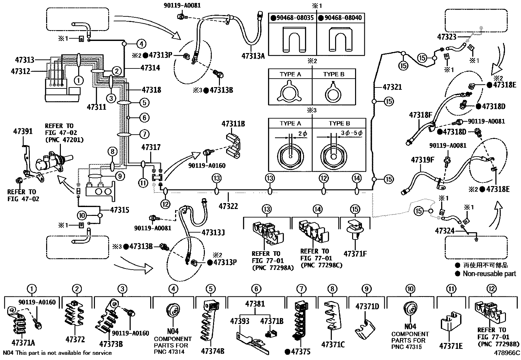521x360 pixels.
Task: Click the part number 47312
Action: [x=20, y=71]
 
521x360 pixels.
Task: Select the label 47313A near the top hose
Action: [x=253, y=56]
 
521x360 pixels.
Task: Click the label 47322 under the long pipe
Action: [x=228, y=206]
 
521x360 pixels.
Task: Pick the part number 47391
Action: [x=23, y=131]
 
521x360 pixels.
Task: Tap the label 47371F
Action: [x=355, y=254]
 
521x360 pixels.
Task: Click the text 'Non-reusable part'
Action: [x=489, y=274]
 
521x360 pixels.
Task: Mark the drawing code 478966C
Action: [x=507, y=353]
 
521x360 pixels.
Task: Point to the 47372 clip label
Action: [x=75, y=340]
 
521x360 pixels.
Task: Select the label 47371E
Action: [x=451, y=346]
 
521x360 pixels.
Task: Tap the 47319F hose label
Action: [x=422, y=160]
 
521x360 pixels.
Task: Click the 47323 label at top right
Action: [x=446, y=37]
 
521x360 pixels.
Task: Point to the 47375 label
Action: [x=300, y=352]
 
